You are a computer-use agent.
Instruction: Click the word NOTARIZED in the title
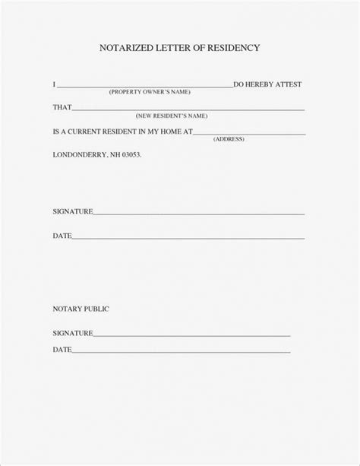pyautogui.click(x=125, y=47)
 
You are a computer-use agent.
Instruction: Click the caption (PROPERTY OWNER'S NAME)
pyautogui.click(x=150, y=91)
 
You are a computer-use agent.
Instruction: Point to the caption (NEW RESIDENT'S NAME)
pyautogui.click(x=172, y=116)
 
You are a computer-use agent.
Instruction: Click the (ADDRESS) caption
pyautogui.click(x=229, y=139)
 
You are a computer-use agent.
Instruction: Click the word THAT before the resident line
pyautogui.click(x=62, y=107)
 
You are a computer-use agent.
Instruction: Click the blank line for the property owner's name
pyautogui.click(x=144, y=85)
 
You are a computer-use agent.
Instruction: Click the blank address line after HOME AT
pyautogui.click(x=251, y=133)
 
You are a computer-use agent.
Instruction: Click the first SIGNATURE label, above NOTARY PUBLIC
pyautogui.click(x=72, y=211)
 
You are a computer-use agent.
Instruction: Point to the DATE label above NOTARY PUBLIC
pyautogui.click(x=62, y=236)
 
